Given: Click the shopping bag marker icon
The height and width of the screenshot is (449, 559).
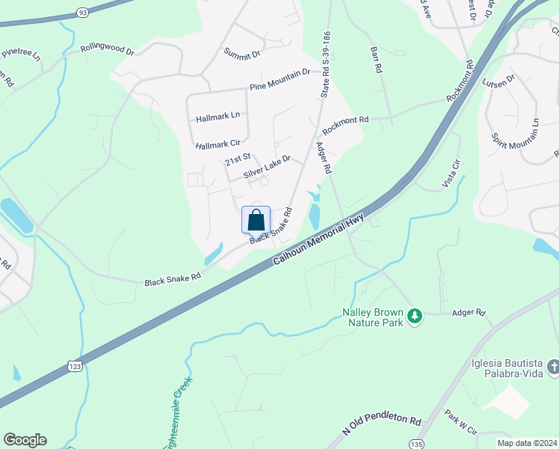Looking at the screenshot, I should click(256, 220).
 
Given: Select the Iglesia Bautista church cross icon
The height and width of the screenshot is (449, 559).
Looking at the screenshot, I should click(553, 366).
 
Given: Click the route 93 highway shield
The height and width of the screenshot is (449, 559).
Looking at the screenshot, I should click(82, 12).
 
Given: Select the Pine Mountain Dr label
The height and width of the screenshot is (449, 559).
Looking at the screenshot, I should click(279, 79).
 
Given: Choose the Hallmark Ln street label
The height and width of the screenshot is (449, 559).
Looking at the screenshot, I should click(217, 117).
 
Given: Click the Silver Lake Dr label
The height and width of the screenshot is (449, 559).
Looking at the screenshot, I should click(266, 168).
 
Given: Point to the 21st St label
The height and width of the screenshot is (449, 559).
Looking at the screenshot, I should click(237, 160).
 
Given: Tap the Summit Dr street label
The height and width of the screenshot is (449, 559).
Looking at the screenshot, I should click(242, 53).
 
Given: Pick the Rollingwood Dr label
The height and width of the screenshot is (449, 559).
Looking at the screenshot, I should click(108, 52).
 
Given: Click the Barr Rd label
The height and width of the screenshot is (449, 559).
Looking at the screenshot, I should click(376, 59).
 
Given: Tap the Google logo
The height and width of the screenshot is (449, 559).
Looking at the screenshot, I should click(25, 440).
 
